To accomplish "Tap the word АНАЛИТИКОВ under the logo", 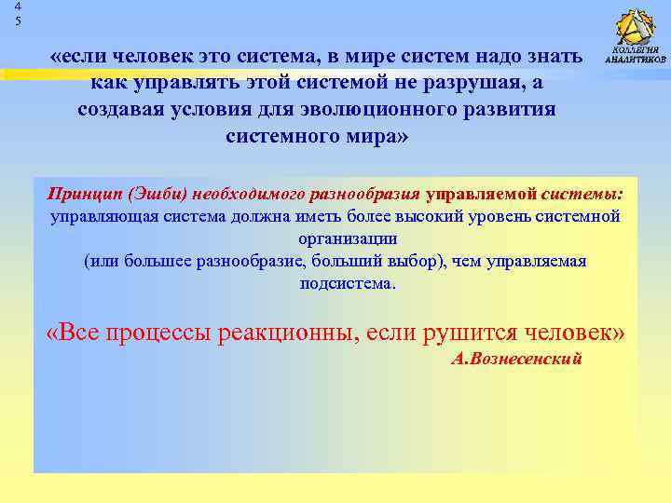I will tap(637, 61).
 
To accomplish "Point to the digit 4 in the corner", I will tap(17, 7).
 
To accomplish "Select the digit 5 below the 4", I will tap(17, 20).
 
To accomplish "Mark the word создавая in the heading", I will tap(116, 110).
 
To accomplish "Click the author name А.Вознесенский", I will tap(515, 359).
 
